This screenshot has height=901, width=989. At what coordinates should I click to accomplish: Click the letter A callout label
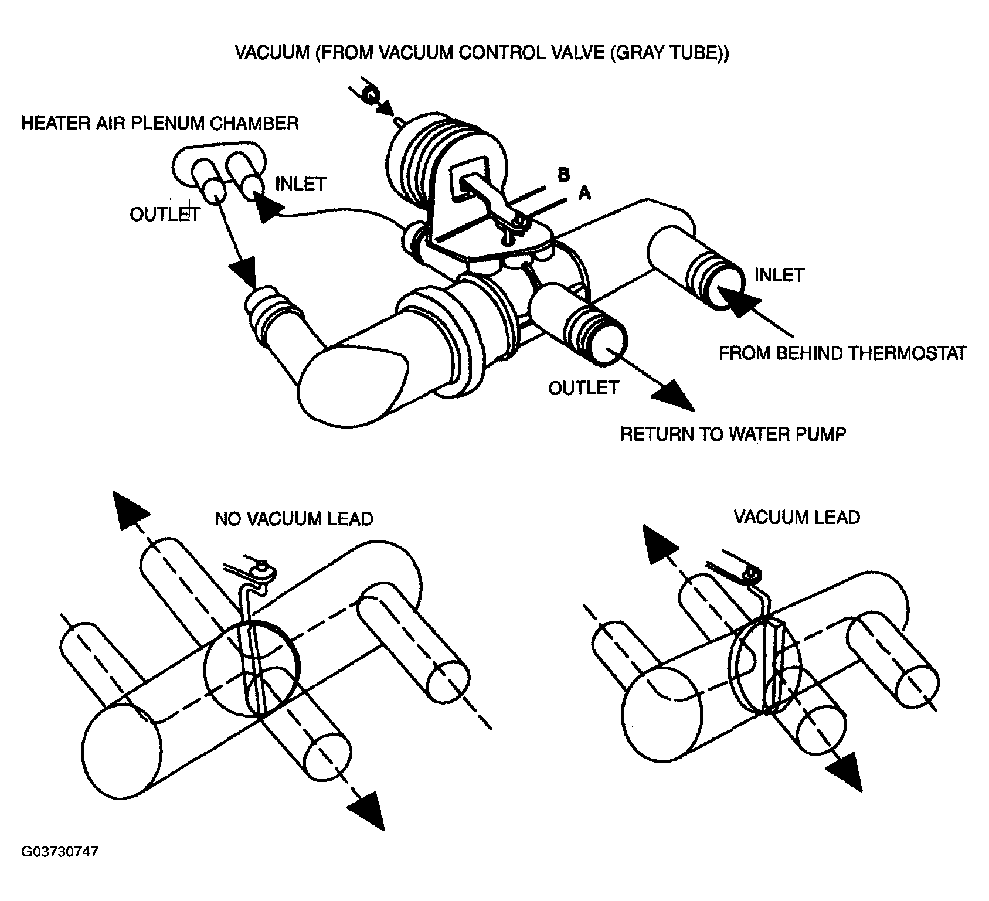[x=584, y=193]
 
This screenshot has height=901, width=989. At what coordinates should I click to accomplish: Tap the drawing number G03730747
[x=60, y=851]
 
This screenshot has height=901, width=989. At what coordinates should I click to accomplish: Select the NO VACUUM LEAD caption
[x=294, y=519]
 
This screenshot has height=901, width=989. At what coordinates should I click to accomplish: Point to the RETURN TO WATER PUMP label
[x=733, y=434]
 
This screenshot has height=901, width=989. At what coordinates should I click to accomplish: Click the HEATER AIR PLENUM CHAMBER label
[x=160, y=123]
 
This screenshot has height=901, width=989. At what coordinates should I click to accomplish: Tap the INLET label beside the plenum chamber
[x=300, y=183]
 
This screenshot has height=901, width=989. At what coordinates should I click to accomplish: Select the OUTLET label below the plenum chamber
[x=165, y=215]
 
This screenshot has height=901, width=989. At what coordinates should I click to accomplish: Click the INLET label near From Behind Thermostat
[x=779, y=274]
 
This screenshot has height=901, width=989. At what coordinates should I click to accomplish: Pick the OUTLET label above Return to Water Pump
[x=583, y=387]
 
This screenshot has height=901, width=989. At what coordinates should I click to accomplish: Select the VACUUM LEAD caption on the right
[x=797, y=517]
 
